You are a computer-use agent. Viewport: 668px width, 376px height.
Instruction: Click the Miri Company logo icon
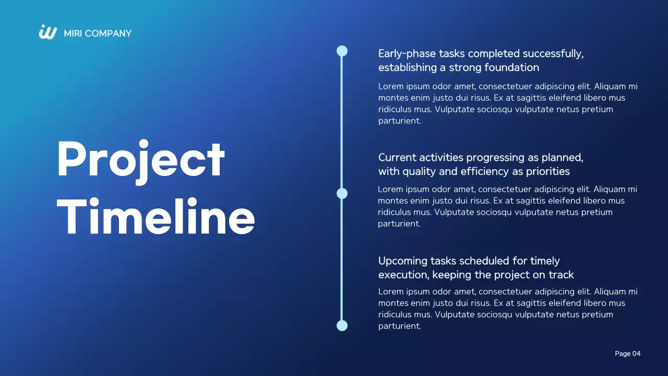tap(47, 32)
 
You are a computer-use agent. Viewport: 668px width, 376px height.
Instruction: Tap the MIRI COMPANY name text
tap(98, 33)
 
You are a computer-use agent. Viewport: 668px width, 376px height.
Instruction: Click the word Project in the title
tap(141, 160)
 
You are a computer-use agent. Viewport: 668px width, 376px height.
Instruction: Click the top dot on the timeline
tap(342, 51)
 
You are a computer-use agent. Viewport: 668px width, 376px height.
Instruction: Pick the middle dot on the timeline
tap(342, 194)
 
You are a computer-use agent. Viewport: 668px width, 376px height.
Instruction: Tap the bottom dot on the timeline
tap(342, 325)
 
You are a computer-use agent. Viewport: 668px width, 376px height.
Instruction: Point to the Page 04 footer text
tap(627, 354)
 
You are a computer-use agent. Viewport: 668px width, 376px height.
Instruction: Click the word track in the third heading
tap(561, 275)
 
